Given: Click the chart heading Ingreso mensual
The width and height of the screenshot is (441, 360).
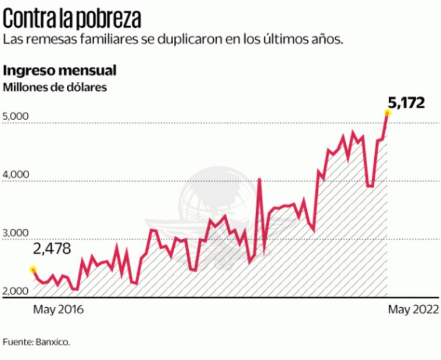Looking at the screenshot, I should pos(60,71).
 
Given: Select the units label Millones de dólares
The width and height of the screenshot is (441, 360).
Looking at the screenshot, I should pos(56,88).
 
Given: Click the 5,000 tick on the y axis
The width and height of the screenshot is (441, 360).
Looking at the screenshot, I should pos(16,116).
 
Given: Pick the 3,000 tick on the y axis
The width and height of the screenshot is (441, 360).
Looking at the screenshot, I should pos(16,233).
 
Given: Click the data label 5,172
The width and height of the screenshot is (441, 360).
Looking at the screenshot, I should pos(406,103).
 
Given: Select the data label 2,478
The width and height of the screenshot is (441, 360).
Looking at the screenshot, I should pos(52,249).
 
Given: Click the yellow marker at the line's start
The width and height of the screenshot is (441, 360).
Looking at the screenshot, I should pos(33,269).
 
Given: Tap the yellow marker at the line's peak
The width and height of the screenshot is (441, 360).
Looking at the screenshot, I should pos(388,113).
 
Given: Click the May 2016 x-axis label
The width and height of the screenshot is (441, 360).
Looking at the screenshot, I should pos(58,309).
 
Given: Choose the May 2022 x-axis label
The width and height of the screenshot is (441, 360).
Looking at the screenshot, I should pos(413,309).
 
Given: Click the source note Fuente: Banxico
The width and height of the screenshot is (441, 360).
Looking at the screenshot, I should pos(37,342).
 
